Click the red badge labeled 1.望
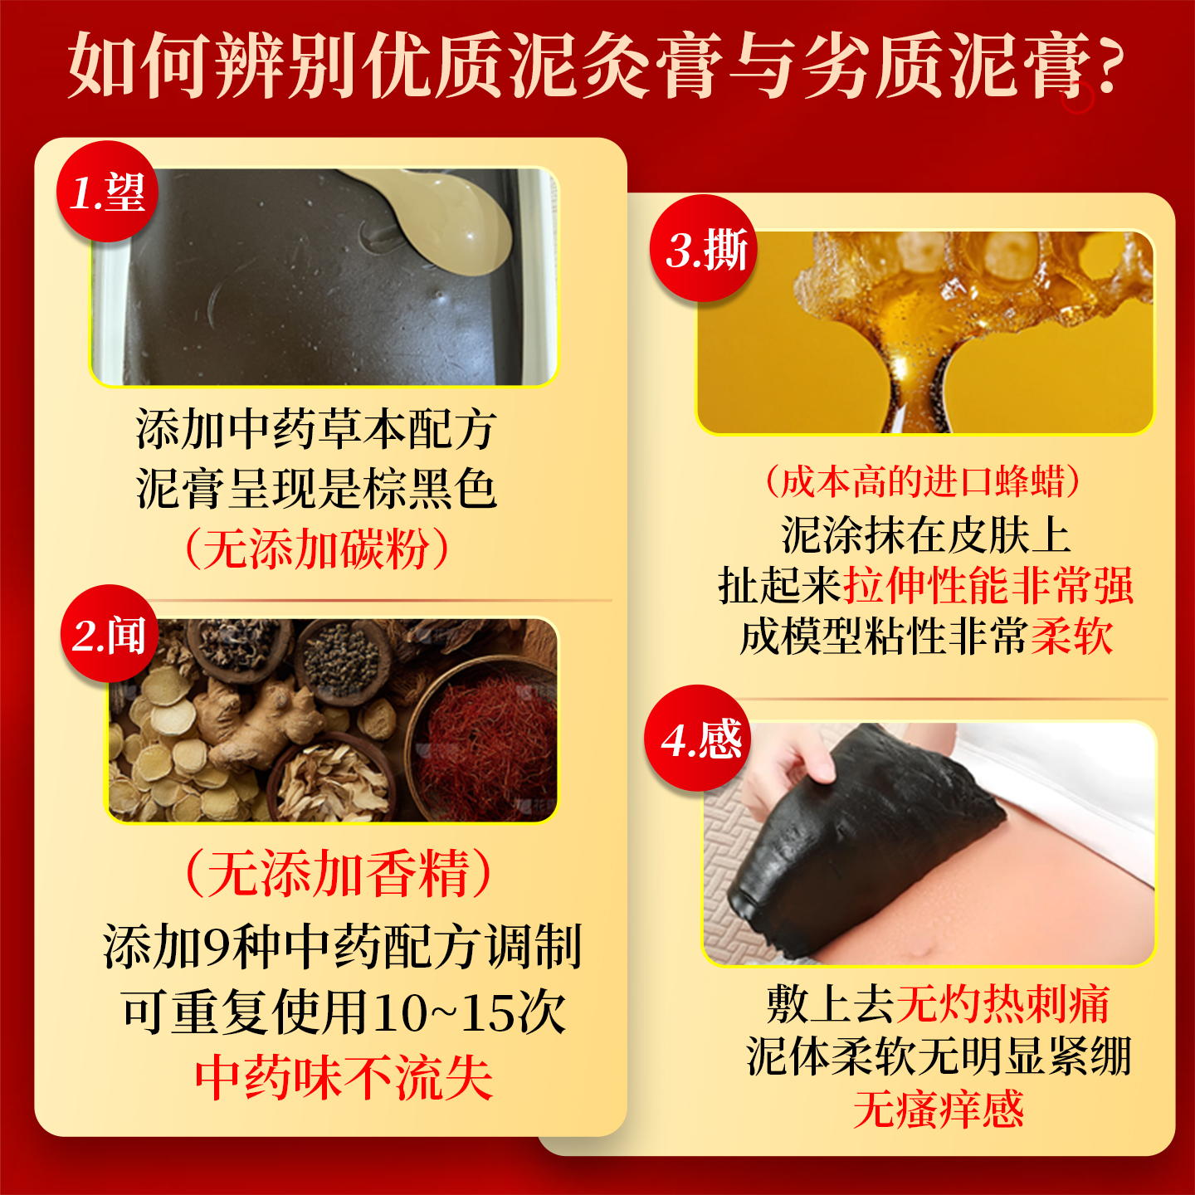click(107, 192)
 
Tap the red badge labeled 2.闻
click(109, 635)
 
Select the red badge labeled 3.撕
click(705, 249)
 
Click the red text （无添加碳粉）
click(315, 549)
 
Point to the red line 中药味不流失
click(344, 1077)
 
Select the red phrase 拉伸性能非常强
click(988, 586)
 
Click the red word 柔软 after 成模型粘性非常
click(1071, 637)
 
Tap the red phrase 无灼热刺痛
click(1002, 1004)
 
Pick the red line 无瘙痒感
click(938, 1110)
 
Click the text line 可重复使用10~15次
click(344, 1012)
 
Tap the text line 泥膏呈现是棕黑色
click(316, 488)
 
